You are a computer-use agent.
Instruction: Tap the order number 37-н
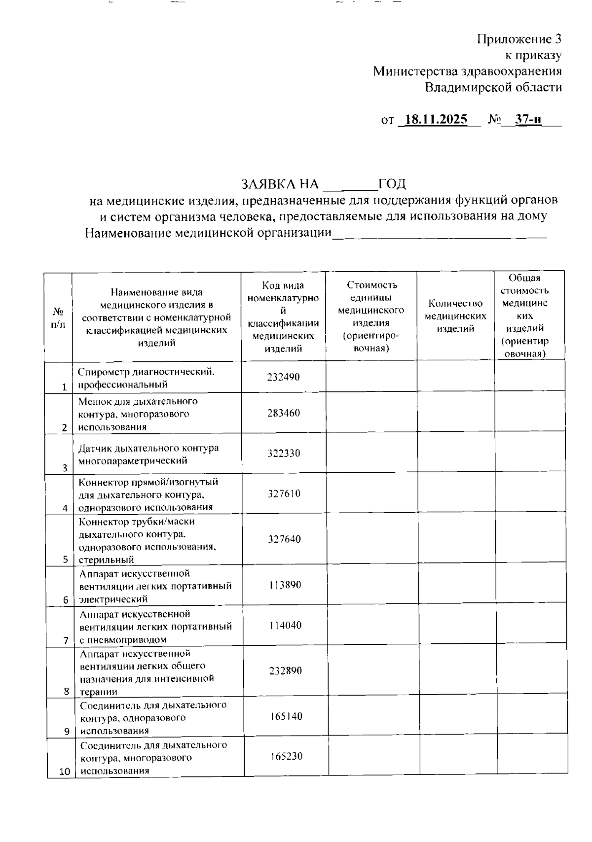(x=527, y=120)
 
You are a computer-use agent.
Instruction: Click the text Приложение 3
(x=519, y=39)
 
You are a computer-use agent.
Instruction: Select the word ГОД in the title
(x=392, y=184)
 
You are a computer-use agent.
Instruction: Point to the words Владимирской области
(x=493, y=88)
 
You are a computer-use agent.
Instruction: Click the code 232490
(x=284, y=377)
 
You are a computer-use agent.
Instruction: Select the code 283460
(x=284, y=413)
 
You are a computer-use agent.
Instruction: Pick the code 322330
(x=284, y=454)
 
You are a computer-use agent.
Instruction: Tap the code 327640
(x=284, y=539)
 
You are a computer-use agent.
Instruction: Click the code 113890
(x=285, y=585)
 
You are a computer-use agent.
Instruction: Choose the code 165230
(x=286, y=756)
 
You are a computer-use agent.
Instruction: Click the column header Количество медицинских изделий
(x=455, y=316)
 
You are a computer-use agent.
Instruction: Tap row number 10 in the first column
(x=65, y=772)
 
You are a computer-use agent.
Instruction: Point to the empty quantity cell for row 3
(x=456, y=454)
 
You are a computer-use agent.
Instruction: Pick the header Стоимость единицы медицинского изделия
(x=371, y=316)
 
